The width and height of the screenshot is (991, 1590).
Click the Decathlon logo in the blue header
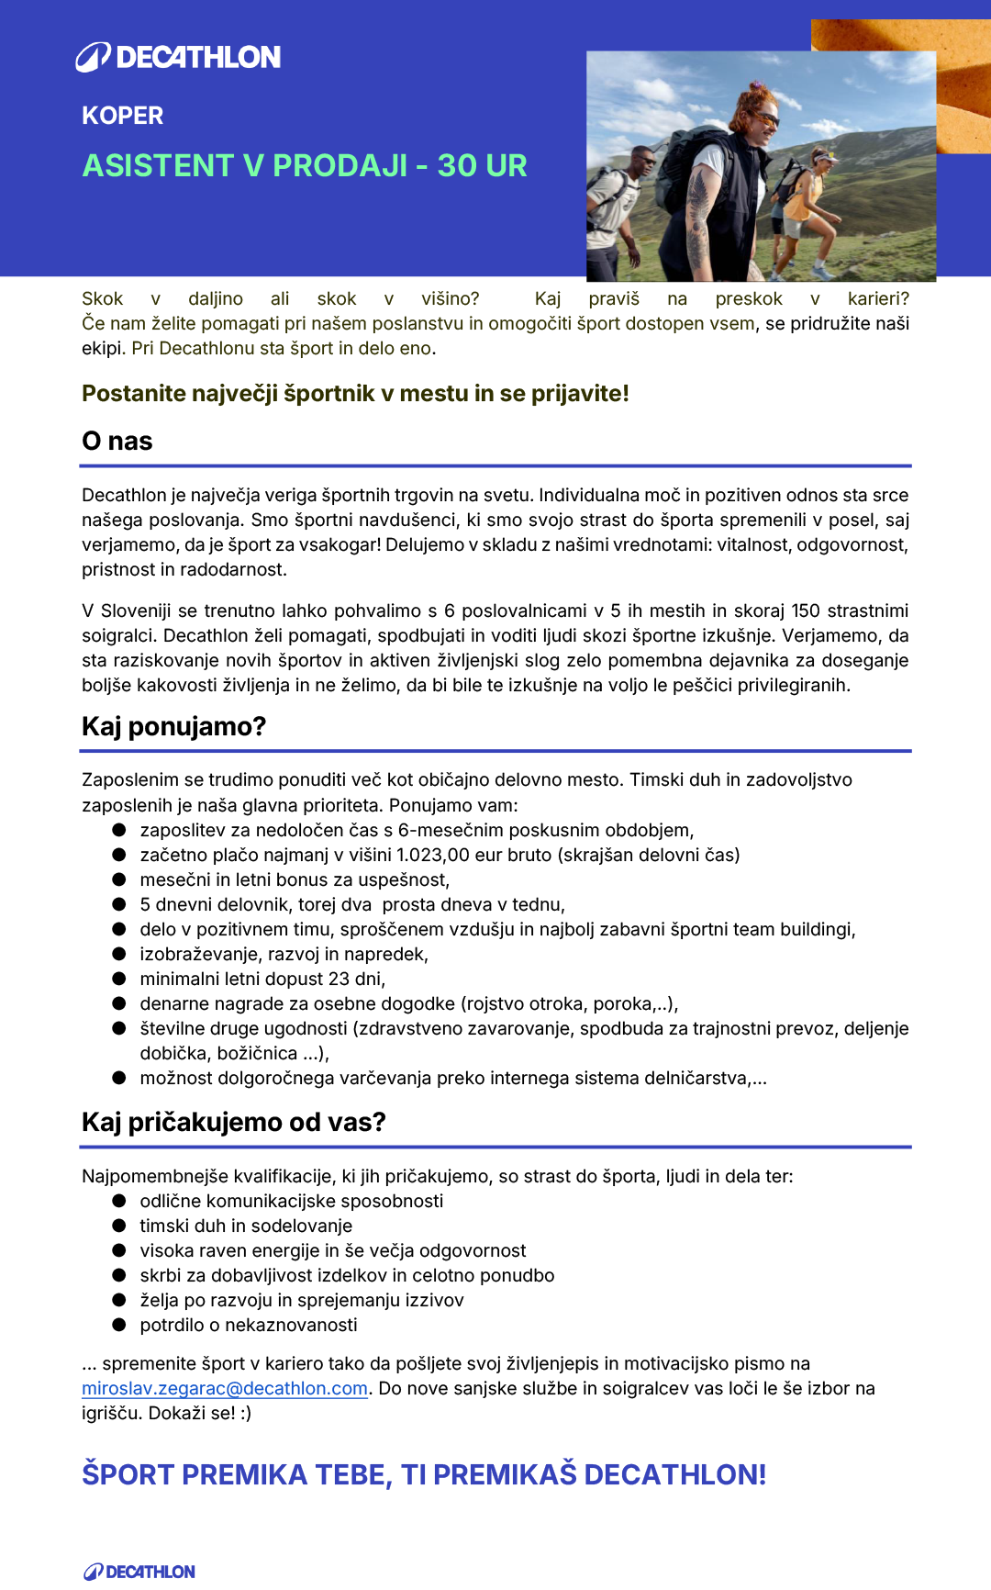pos(179,57)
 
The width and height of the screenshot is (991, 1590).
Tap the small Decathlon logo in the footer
pos(139,1572)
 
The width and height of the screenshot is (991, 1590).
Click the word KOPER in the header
pos(122,116)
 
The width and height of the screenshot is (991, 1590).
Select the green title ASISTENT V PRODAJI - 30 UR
pos(305,165)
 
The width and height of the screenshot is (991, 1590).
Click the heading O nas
pos(117,442)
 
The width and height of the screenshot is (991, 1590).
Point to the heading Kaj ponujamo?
pos(173,727)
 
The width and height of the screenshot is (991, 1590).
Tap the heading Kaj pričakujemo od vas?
pos(234,1123)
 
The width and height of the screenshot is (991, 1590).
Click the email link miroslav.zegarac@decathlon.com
pos(225,1389)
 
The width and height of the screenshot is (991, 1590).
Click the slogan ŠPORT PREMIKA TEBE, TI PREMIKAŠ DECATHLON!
pos(424,1474)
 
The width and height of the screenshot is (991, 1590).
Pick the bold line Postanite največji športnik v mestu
pos(355,394)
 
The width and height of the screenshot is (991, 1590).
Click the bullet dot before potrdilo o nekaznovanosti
pos(119,1325)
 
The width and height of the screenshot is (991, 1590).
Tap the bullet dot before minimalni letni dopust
pos(119,979)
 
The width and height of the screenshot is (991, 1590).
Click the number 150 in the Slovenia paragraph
pos(806,611)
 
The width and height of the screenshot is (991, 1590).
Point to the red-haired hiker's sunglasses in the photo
pos(766,118)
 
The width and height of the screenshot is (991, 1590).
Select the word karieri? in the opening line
pos(878,299)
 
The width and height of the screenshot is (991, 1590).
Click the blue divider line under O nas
pos(495,466)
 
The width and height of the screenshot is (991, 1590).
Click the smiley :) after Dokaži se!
pos(245,1414)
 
